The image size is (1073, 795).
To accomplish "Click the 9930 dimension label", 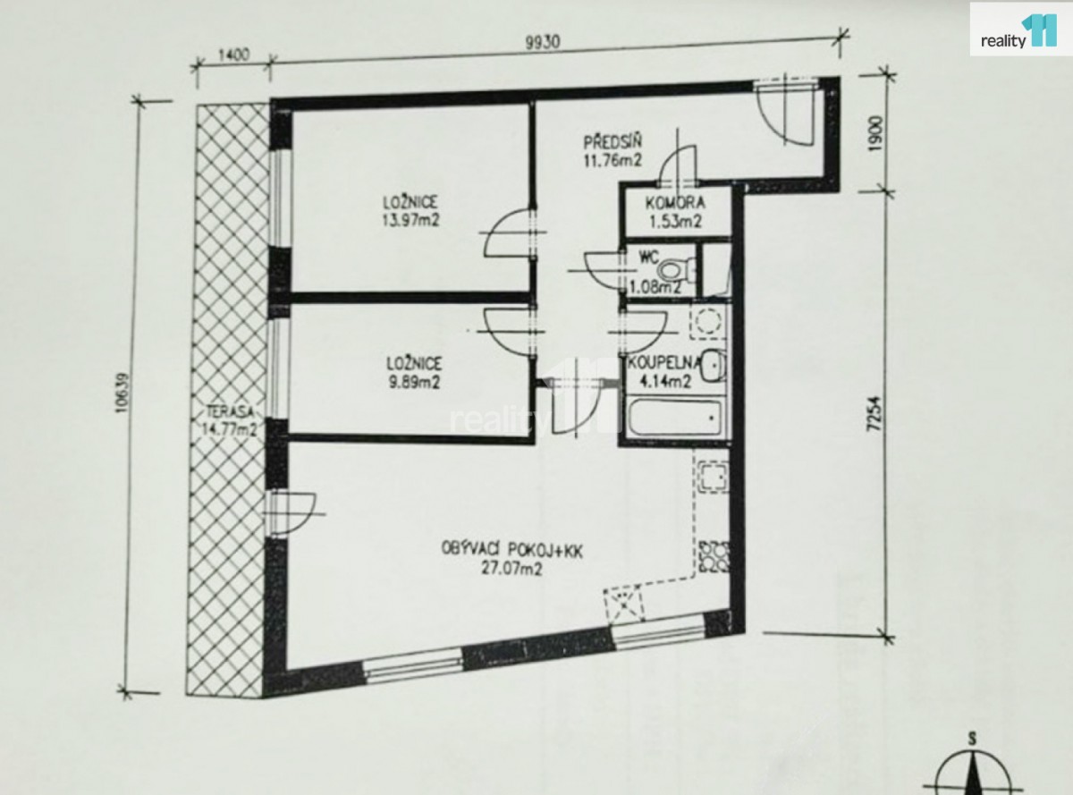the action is (542, 43).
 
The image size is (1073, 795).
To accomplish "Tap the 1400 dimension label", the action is (233, 54).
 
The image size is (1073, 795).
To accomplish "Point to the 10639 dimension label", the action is (122, 392).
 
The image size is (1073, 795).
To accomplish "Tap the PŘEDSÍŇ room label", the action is (612, 142).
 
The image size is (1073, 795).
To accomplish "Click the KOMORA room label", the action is (675, 203).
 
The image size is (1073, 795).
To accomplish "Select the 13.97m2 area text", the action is (410, 221).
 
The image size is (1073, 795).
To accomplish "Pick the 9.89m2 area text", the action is (414, 382).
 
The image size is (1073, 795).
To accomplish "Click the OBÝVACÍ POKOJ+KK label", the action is (511, 550).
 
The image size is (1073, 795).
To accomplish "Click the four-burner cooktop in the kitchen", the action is (714, 557).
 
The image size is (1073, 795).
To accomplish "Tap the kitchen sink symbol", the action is (713, 478).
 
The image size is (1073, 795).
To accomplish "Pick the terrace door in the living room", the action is (291, 513).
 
